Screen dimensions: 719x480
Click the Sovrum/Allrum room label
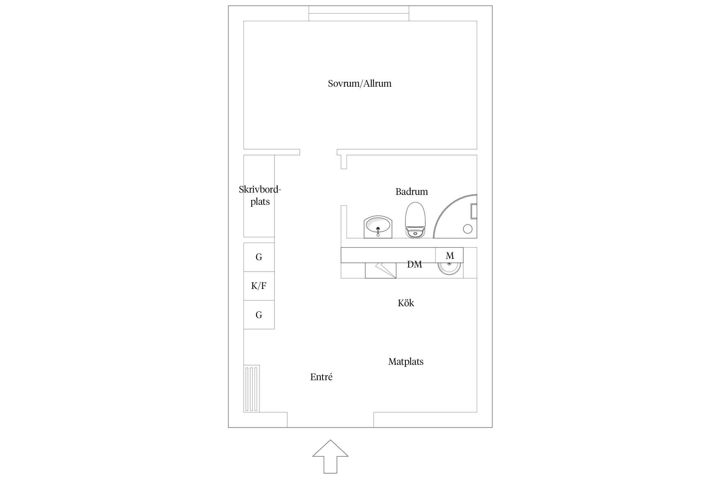[x=359, y=84]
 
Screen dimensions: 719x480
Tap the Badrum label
[x=412, y=192]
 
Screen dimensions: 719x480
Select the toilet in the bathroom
[x=415, y=220]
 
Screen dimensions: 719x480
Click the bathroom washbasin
[x=378, y=227]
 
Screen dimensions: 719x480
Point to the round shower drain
[x=468, y=229]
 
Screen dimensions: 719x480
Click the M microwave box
[x=449, y=255]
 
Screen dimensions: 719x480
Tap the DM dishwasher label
[x=414, y=264]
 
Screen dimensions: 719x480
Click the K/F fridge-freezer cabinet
[x=259, y=286]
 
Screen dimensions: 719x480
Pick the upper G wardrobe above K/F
[x=259, y=257]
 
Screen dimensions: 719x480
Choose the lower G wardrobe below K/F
[x=259, y=315]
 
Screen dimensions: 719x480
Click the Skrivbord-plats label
[x=260, y=196]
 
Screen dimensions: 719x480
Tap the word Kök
[x=406, y=303]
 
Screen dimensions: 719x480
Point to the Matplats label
[x=406, y=362]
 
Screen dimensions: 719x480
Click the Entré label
[x=321, y=377]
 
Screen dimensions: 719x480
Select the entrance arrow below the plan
[x=330, y=456]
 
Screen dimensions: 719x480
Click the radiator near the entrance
[x=251, y=388]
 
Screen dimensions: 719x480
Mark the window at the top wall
[x=359, y=13]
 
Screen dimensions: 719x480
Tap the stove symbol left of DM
[x=381, y=270]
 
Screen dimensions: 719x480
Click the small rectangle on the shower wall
[x=474, y=211]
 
